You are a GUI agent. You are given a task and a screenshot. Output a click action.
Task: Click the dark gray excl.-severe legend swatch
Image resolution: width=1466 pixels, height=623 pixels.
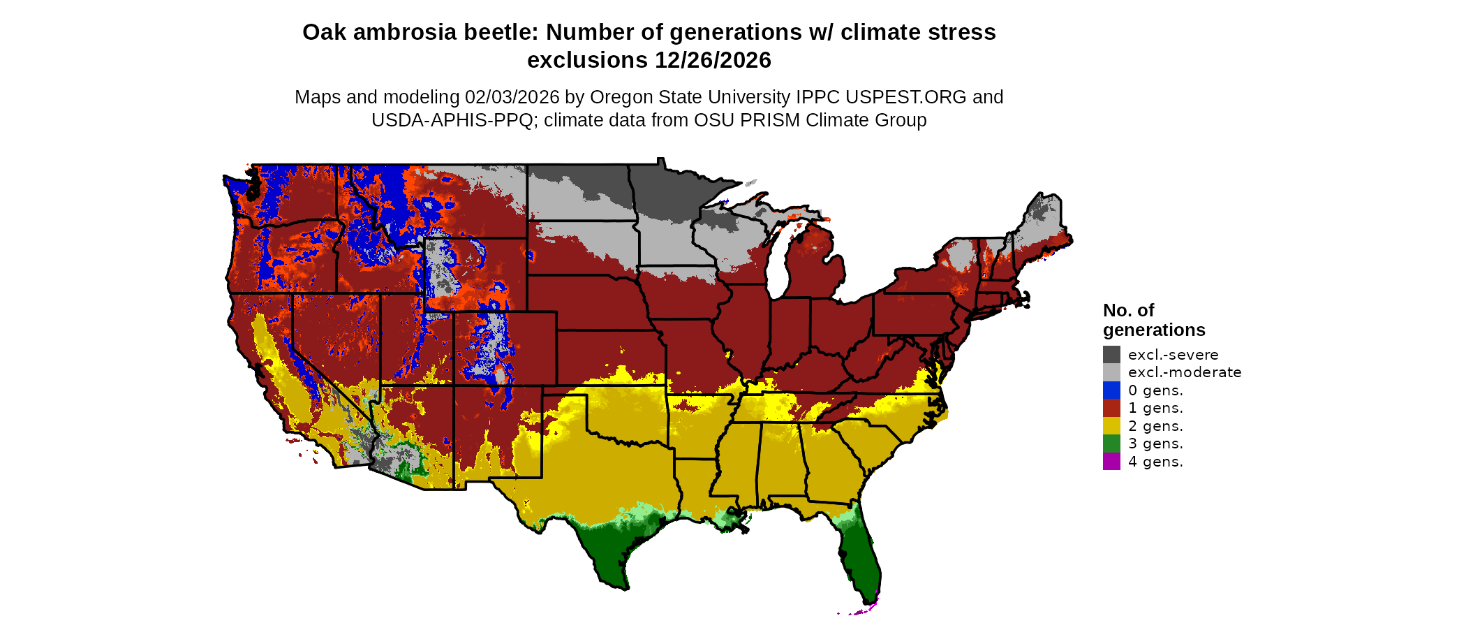[1111, 354]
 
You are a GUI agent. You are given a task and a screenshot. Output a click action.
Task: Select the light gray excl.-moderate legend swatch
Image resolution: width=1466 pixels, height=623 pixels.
[1111, 372]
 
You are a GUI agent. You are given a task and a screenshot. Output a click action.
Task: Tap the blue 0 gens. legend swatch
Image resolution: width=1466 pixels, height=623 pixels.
[1111, 390]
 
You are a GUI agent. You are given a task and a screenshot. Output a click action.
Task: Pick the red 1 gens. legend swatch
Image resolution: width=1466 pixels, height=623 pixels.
[1111, 408]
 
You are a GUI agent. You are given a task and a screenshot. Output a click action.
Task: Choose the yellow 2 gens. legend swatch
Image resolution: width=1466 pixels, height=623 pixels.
[1111, 426]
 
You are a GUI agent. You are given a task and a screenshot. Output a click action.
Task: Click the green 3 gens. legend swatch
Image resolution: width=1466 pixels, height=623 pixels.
[1111, 444]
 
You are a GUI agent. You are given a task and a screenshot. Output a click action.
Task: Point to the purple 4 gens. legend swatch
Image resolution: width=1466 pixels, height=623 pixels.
[1111, 462]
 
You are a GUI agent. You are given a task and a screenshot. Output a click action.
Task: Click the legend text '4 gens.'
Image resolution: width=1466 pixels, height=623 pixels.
[1155, 462]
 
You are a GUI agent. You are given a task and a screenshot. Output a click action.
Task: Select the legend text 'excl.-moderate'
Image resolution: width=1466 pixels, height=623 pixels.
[1185, 372]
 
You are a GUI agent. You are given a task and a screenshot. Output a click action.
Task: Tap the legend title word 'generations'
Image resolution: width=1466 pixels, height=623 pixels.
[1154, 330]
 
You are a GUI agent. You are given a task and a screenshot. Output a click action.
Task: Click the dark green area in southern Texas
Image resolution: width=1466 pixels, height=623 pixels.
[607, 552]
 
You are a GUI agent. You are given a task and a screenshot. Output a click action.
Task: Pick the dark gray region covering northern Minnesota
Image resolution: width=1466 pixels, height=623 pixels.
[670, 189]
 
